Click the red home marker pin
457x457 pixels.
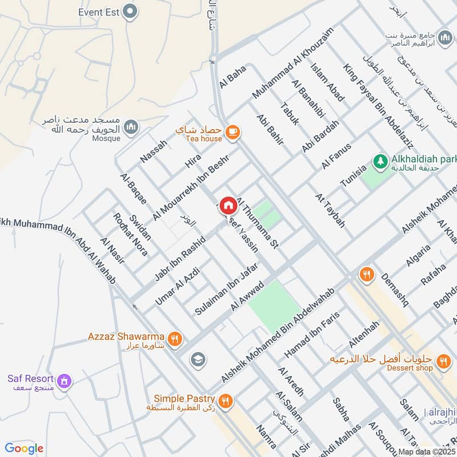pos(228,205)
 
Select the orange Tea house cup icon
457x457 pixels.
pos(232,133)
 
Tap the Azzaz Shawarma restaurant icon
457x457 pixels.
pos(175,338)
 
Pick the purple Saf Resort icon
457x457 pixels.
pos(65,380)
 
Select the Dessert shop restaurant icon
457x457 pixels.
pos(442,361)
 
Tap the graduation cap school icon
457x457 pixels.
pos(198,359)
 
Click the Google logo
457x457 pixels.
pos(24,448)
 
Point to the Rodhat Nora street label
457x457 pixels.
pos(130,234)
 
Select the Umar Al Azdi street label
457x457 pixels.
pos(176,285)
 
